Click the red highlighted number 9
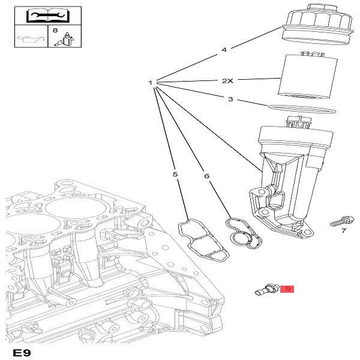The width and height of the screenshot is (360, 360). [x=288, y=289]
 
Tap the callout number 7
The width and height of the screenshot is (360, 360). [x=343, y=230]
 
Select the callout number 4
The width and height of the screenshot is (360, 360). [x=223, y=50]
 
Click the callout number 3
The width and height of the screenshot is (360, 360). [x=230, y=99]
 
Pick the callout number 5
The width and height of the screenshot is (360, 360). [x=175, y=175]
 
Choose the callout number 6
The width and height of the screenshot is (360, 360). [x=206, y=176]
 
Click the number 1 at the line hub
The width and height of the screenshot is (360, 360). [x=151, y=82]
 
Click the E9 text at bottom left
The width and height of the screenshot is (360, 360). [x=21, y=352]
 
